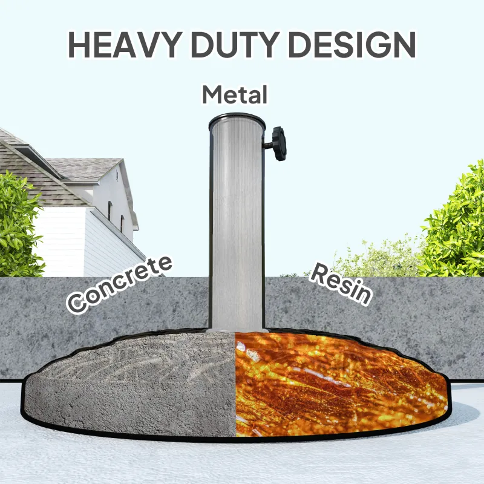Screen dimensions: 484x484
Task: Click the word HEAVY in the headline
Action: [125, 44]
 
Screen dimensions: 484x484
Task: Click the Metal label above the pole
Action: [235, 95]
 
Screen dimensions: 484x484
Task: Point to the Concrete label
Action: [119, 284]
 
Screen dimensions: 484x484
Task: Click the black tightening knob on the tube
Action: [280, 143]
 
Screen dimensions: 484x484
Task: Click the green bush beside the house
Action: [19, 225]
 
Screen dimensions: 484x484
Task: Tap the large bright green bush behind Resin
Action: [454, 222]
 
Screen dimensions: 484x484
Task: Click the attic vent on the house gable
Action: [117, 175]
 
